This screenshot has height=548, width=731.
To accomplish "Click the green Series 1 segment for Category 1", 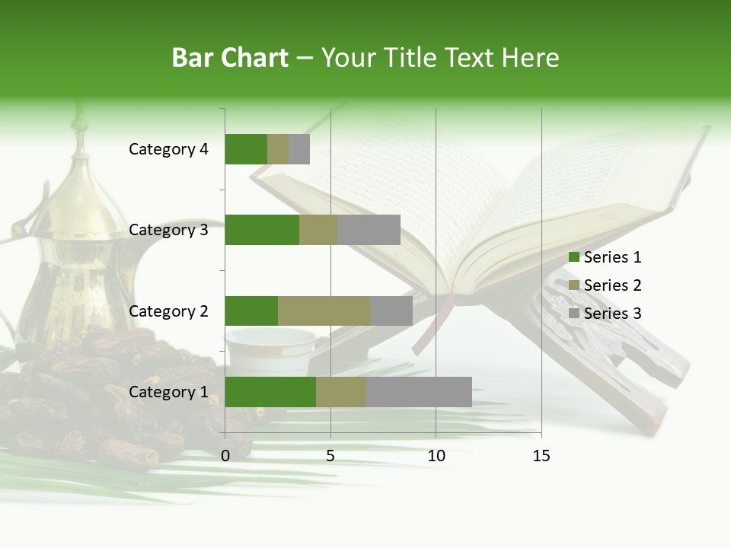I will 270,392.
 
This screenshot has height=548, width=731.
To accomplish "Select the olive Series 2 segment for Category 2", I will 324,311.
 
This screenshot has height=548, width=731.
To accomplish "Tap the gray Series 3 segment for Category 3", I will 369,230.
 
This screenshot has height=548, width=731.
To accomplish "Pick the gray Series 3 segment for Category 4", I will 299,149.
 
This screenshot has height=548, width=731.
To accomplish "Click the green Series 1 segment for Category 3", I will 262,230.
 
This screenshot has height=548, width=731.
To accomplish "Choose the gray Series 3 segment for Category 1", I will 419,392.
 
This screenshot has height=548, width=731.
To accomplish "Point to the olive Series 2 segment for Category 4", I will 278,149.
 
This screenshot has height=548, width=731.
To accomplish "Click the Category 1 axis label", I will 168,392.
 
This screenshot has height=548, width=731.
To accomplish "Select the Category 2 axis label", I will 168,311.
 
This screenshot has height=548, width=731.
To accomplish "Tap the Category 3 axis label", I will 168,230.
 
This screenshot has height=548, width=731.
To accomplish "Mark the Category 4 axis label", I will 168,149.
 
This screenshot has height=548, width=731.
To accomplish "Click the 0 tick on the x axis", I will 225,456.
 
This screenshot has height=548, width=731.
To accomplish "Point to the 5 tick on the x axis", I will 330,456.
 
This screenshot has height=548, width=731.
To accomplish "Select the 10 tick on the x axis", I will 436,456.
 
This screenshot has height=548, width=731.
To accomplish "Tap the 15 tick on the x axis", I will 541,456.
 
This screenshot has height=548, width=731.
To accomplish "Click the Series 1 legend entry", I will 605,257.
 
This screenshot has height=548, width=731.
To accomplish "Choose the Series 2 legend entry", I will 605,285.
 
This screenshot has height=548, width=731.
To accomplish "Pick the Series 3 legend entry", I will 605,314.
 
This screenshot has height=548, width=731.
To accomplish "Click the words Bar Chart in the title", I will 230,58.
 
